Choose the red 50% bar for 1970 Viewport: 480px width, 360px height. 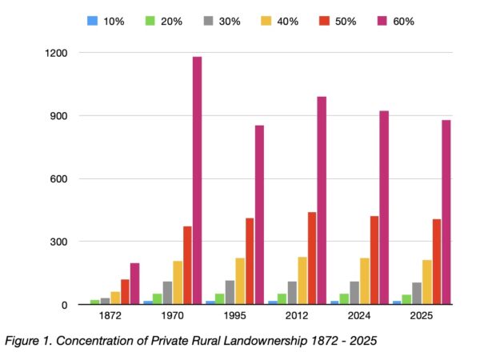click(187, 265)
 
